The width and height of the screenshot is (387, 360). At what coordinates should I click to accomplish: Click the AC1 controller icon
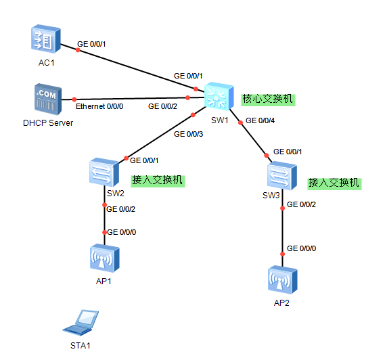click(46, 39)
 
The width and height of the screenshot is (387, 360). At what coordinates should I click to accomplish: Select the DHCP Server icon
click(48, 99)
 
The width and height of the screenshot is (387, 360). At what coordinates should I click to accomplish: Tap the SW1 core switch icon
click(219, 96)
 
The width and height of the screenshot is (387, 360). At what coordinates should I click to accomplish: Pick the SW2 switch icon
click(104, 172)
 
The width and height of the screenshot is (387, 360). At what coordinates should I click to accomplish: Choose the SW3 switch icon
click(282, 176)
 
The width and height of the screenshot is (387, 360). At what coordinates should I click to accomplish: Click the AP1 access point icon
click(105, 258)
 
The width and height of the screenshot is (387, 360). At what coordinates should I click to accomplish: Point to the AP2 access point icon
click(283, 279)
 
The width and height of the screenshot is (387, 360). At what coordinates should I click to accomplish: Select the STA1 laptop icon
click(81, 323)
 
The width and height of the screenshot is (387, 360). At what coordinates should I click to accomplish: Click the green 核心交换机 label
click(268, 99)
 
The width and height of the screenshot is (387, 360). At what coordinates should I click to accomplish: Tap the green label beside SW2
click(158, 181)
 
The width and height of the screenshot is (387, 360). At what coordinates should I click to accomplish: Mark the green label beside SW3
click(334, 183)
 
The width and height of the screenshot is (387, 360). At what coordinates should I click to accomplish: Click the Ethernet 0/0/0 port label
click(99, 106)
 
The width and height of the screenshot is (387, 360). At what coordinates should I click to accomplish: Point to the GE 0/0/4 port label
click(260, 120)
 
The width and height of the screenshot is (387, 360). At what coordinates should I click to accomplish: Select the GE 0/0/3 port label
click(188, 134)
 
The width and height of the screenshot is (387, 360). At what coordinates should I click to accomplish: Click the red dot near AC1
click(78, 50)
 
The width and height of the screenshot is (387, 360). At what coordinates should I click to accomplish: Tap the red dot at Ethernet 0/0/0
click(74, 99)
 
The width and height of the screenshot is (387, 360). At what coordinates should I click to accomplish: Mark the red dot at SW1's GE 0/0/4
click(240, 122)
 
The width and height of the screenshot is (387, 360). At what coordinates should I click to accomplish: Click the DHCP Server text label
click(48, 123)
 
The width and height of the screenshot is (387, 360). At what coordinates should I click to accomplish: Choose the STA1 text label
click(81, 346)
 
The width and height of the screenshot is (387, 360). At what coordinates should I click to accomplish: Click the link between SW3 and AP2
click(283, 228)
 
